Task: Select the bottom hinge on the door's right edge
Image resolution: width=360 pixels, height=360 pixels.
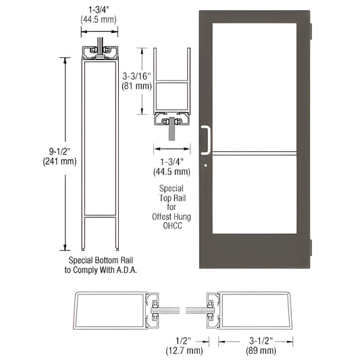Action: coord(310,247)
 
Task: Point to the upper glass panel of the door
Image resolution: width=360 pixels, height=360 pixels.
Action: coord(255,81)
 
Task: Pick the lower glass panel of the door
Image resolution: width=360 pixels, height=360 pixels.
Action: coord(255,193)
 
